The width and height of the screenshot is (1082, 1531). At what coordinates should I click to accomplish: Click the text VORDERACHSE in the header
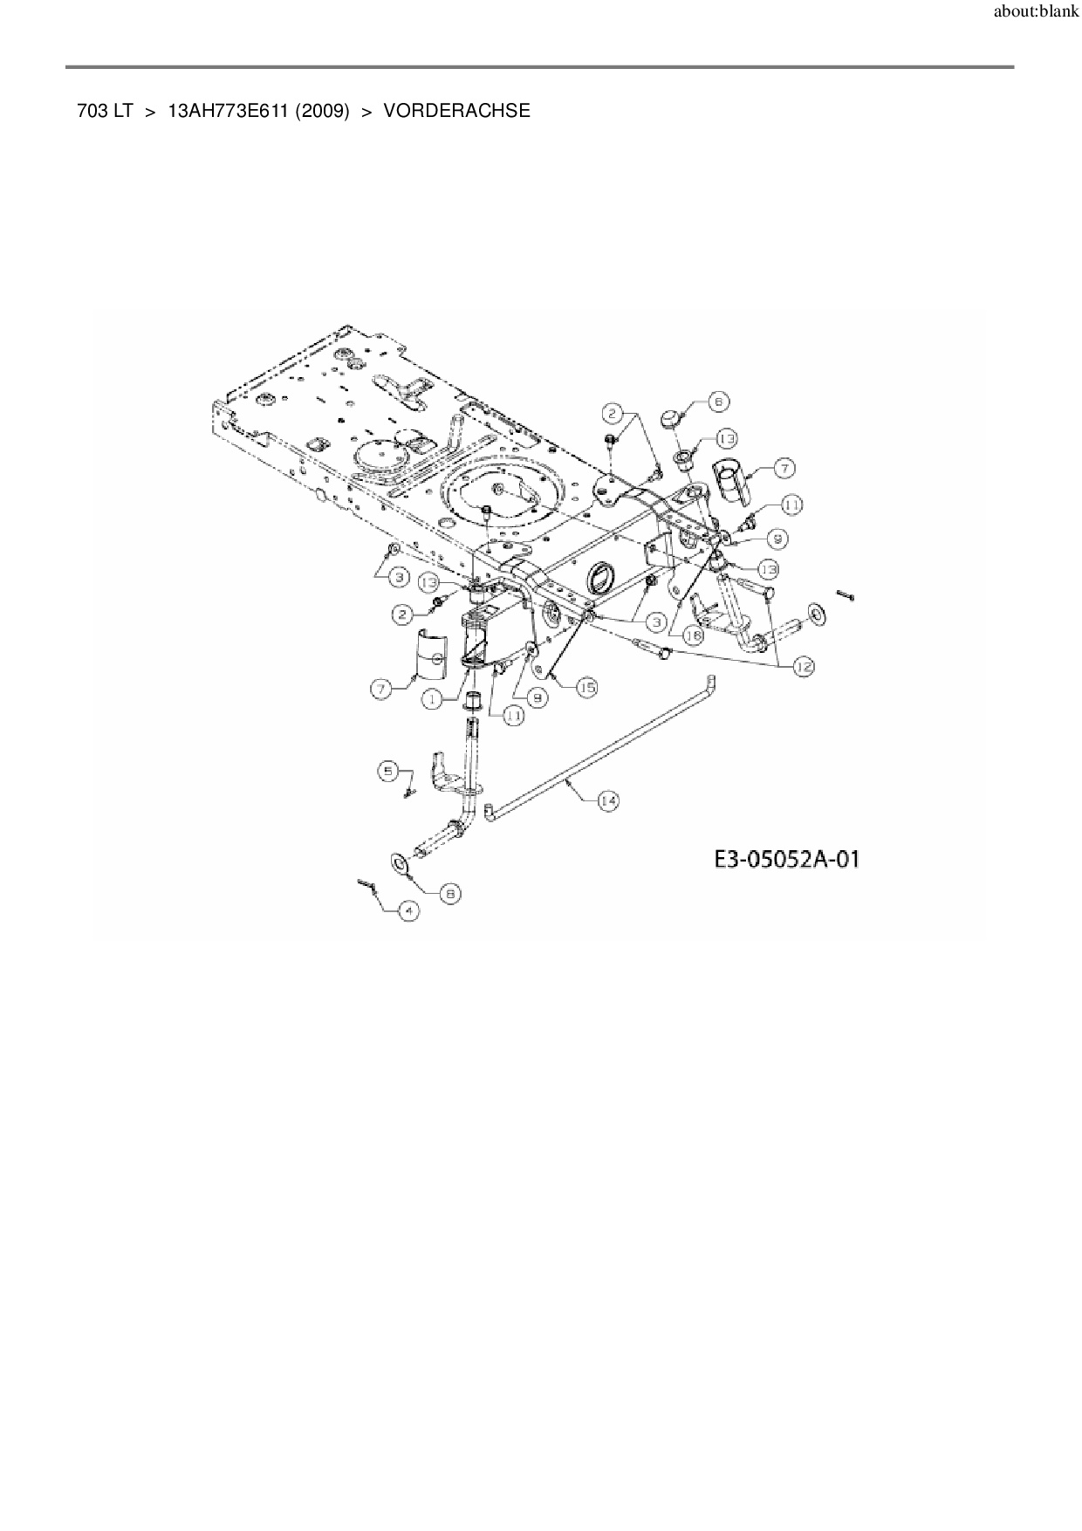point(456,111)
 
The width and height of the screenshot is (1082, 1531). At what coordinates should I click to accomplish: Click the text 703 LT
point(104,111)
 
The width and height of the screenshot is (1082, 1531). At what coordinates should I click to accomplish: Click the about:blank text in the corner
point(1036,13)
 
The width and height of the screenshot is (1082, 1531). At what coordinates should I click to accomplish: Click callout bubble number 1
point(434,698)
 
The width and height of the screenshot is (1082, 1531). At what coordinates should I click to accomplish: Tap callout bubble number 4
point(407,910)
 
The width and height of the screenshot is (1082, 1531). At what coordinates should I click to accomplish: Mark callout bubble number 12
point(803,667)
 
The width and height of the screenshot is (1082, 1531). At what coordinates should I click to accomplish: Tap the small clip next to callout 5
point(409,792)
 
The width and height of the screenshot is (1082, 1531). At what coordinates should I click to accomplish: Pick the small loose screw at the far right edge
point(844,594)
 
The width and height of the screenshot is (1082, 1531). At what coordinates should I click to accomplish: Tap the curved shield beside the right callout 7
point(733,480)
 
